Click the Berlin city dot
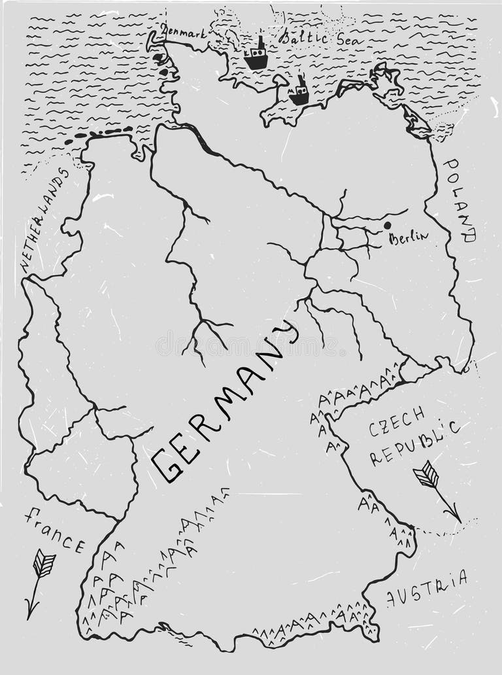pos(387,225)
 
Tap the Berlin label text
pos(409,237)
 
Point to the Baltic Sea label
pos(312,38)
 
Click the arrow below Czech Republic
pos(436,490)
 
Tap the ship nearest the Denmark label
pos(256,56)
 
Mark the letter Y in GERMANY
pos(285,334)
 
